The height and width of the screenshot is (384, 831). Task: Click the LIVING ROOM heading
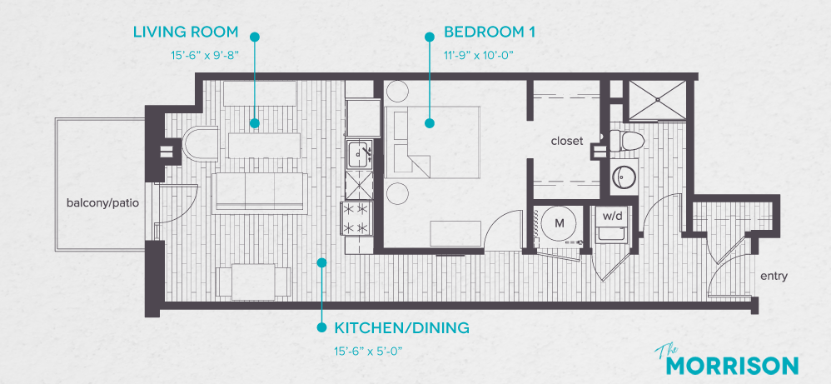[186, 32]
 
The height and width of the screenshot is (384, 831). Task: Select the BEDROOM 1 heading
[489, 32]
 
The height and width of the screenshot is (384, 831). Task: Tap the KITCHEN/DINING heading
[402, 327]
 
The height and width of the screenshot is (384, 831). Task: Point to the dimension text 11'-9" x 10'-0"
[480, 56]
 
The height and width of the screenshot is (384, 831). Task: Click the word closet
[566, 141]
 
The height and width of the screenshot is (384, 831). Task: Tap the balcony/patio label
[103, 202]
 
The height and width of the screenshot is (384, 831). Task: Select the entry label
[774, 277]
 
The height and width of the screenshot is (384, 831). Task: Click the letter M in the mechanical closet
[560, 223]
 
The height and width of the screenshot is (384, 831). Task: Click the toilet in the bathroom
[625, 141]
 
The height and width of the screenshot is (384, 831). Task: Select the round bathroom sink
[624, 177]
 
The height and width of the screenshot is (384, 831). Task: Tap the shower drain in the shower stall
[658, 99]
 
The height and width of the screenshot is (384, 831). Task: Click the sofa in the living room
[256, 192]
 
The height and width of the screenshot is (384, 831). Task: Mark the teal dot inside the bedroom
[430, 123]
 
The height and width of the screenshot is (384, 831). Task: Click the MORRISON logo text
[734, 365]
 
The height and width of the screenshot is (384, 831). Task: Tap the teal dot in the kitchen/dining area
[321, 262]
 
